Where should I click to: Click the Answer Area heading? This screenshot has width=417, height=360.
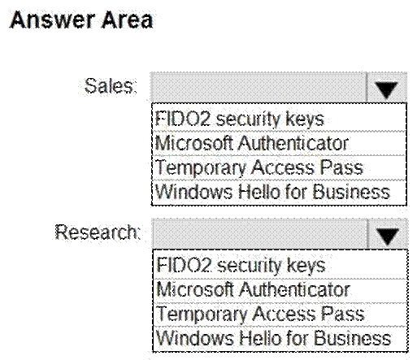(x=81, y=20)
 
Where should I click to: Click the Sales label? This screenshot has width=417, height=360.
(x=111, y=86)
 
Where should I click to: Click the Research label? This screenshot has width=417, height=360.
(x=98, y=232)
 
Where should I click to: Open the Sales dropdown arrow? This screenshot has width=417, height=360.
(x=386, y=88)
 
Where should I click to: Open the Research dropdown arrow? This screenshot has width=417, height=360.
(x=388, y=234)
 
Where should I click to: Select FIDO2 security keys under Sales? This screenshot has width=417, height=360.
(x=239, y=119)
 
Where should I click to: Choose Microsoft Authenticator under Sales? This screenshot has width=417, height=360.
(x=251, y=143)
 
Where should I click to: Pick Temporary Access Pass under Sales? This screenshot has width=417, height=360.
(x=259, y=167)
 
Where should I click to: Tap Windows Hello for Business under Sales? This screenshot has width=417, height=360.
(x=272, y=192)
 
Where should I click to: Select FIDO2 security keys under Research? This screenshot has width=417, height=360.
(x=241, y=265)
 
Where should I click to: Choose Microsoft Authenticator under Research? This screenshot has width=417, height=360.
(x=253, y=289)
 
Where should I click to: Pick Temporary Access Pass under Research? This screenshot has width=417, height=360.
(x=260, y=314)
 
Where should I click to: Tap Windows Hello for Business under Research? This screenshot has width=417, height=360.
(x=274, y=338)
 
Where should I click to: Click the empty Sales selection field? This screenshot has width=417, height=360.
(x=258, y=88)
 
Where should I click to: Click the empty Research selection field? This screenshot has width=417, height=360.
(x=260, y=234)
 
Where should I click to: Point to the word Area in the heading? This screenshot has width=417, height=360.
(x=128, y=20)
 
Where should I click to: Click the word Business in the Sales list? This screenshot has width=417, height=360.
(x=351, y=192)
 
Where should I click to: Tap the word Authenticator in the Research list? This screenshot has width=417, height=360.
(x=295, y=289)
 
